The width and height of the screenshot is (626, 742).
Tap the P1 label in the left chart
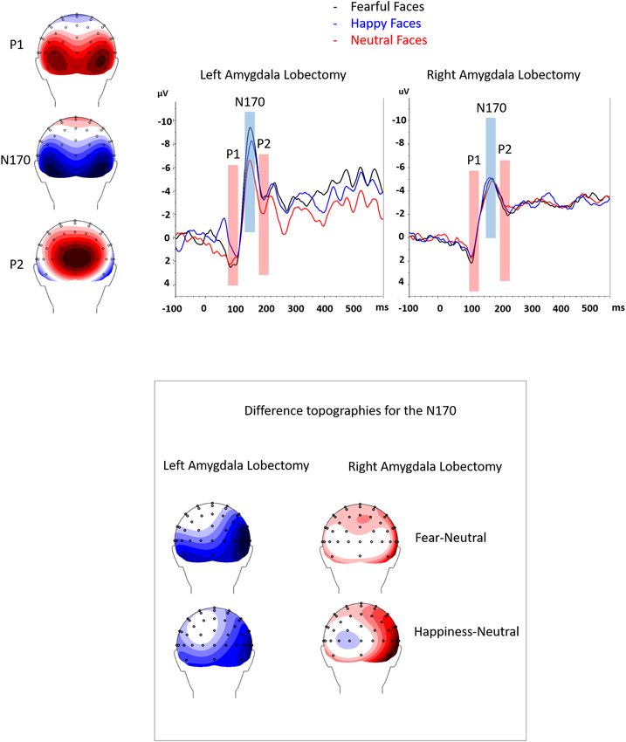(x=232, y=155)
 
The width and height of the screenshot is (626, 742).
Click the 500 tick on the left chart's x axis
(x=354, y=308)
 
